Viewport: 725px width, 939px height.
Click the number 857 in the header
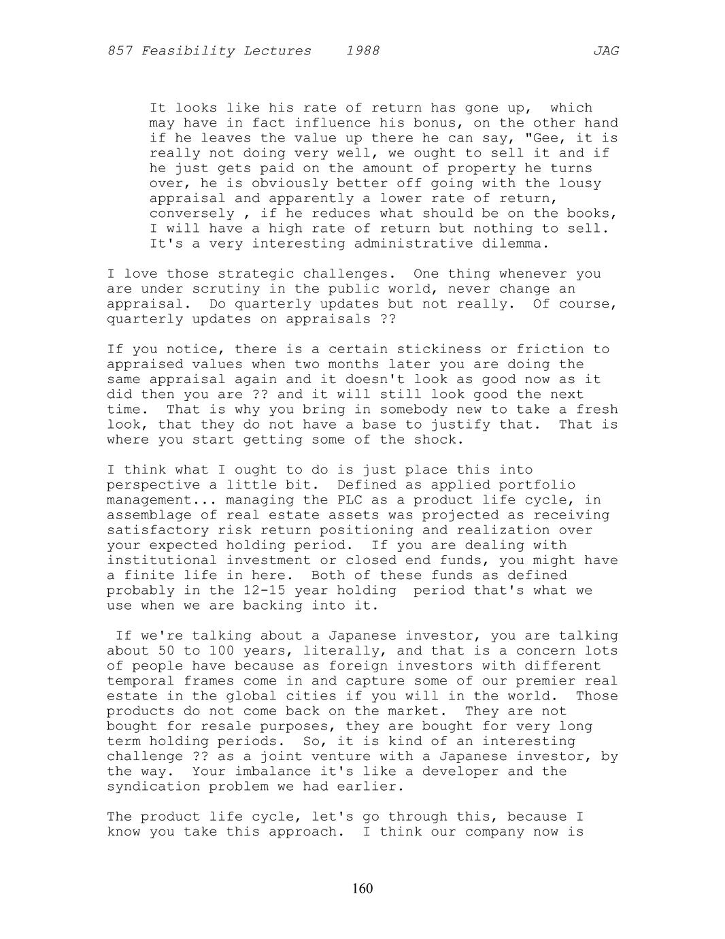click(x=120, y=51)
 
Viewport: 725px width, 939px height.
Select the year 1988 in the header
click(x=362, y=51)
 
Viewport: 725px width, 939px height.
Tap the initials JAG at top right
click(x=605, y=51)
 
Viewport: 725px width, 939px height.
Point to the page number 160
click(x=362, y=889)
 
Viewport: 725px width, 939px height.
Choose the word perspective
click(x=154, y=484)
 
